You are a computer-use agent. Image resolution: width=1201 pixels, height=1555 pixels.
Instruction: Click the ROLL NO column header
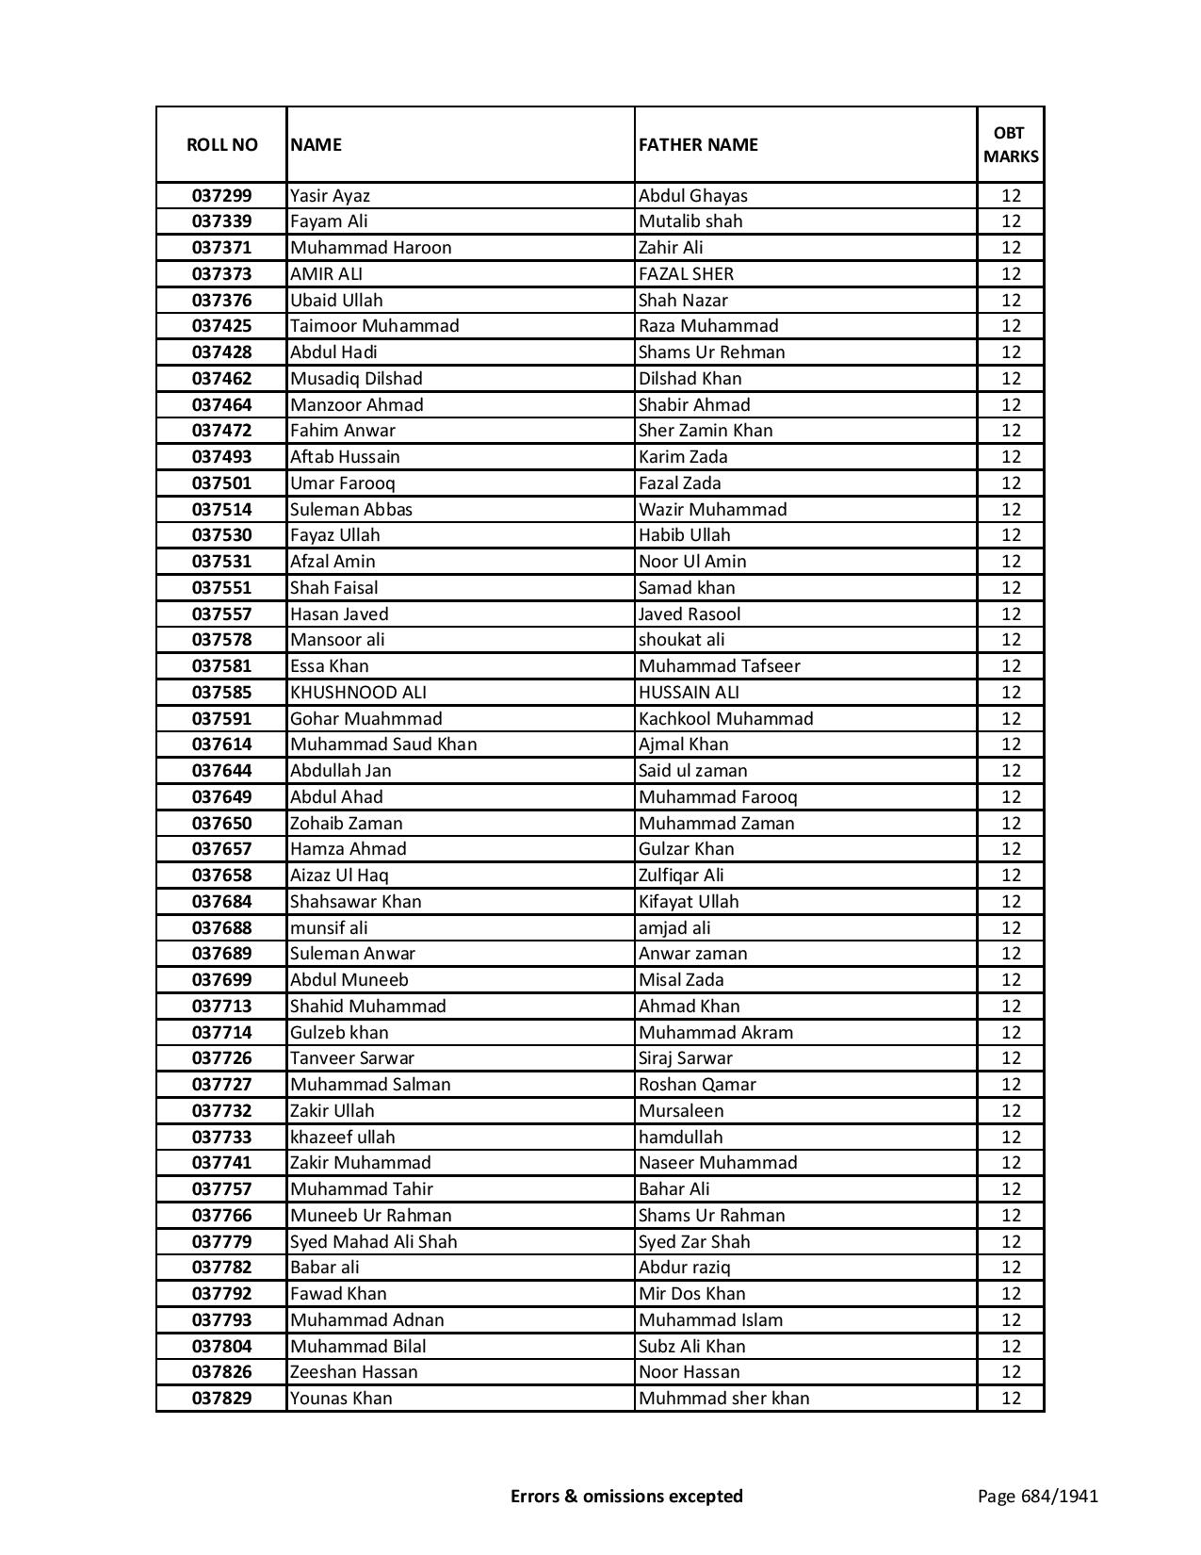[221, 145]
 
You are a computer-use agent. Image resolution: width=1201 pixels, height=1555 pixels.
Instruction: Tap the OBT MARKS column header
[1011, 145]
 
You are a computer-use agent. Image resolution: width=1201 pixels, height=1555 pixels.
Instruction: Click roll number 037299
[221, 196]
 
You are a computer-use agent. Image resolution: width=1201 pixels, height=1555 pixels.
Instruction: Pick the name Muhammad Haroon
[370, 248]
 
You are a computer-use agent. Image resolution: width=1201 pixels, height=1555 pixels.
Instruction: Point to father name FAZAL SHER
[686, 274]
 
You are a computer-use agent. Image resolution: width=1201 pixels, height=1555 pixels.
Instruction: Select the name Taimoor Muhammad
[374, 326]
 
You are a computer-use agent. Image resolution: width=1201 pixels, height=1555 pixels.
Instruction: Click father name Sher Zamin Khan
[705, 431]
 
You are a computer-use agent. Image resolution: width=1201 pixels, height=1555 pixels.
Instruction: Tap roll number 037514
[221, 510]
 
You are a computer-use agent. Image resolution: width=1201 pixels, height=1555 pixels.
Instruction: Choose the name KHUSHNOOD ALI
[358, 693]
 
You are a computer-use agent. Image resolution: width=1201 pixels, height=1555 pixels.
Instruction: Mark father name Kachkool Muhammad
[725, 719]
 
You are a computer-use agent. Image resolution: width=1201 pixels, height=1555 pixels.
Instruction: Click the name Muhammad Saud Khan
[383, 745]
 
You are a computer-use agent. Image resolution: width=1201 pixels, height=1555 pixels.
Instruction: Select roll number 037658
[221, 876]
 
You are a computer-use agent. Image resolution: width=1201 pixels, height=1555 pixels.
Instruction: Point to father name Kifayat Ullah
[689, 902]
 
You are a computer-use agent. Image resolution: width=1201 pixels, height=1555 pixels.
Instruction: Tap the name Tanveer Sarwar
[351, 1058]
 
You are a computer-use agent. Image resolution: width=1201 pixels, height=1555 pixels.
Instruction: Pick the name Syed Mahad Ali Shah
[373, 1242]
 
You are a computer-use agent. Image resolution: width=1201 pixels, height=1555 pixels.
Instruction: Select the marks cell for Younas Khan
[1011, 1399]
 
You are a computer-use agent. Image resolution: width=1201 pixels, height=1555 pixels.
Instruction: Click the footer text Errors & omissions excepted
[626, 1496]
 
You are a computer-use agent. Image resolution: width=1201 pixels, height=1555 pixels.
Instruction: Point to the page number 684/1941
[1037, 1496]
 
